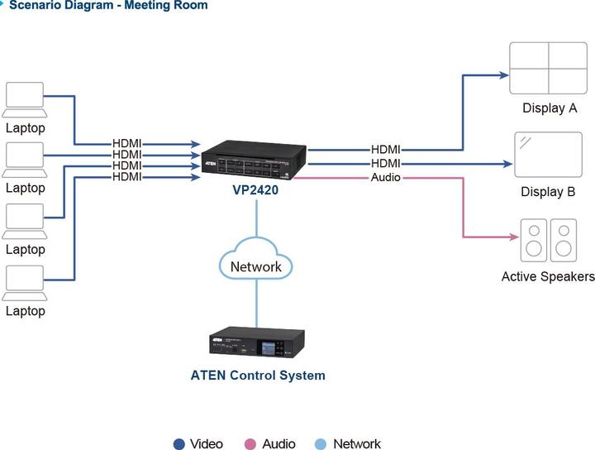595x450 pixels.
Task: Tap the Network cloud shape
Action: click(x=255, y=266)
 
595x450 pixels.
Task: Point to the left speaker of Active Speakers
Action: click(x=534, y=240)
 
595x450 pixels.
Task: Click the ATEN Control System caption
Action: click(x=258, y=376)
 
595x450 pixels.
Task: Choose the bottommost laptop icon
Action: click(x=25, y=283)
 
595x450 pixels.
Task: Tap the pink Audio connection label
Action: click(x=385, y=177)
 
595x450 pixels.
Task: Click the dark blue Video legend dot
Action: click(x=178, y=444)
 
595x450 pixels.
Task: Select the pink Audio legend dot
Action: click(x=251, y=444)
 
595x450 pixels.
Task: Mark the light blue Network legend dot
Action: click(x=321, y=444)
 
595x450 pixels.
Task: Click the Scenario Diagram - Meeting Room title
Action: click(x=108, y=6)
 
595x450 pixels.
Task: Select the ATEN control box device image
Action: click(x=257, y=345)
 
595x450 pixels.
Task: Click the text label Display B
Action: click(x=548, y=192)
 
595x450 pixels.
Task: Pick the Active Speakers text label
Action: click(x=548, y=276)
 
